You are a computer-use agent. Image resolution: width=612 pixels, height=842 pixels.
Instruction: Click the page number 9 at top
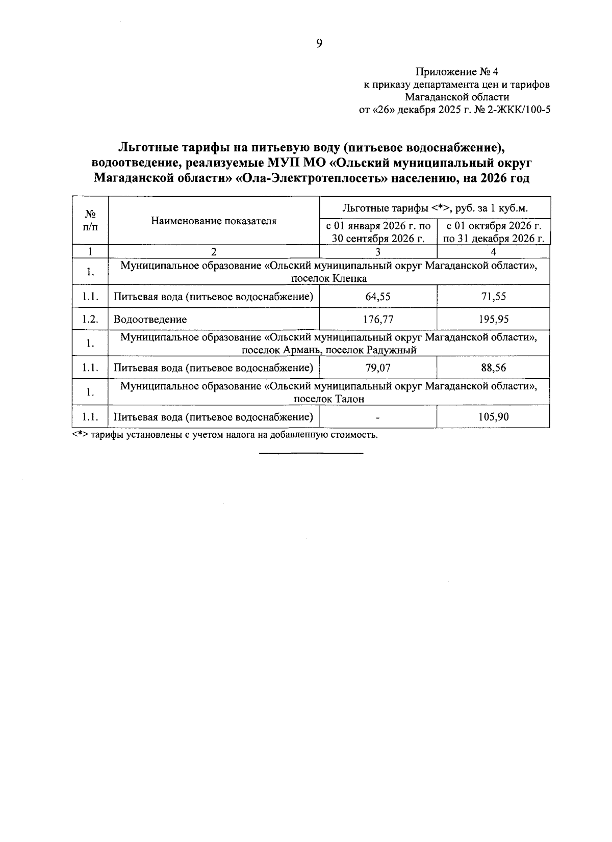tap(319, 44)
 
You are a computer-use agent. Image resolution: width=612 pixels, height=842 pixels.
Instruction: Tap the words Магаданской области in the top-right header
tap(456, 97)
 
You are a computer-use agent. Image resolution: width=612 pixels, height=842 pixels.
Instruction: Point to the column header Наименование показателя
tap(213, 221)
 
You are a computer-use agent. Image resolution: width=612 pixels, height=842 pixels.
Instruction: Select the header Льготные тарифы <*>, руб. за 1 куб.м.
tap(435, 208)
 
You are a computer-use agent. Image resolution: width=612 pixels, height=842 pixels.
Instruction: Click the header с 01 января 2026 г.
tap(378, 226)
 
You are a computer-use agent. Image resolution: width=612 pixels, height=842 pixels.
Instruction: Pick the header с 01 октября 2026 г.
tap(493, 226)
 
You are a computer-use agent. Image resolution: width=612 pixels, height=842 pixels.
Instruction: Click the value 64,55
tap(378, 297)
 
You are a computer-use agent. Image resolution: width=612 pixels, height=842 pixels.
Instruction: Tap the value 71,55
tap(493, 297)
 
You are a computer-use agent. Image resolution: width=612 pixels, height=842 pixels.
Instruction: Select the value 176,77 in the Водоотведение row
tap(378, 320)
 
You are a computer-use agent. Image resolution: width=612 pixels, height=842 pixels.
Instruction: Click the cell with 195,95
tap(493, 320)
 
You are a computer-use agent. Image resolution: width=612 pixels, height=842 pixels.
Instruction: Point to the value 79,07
tap(378, 367)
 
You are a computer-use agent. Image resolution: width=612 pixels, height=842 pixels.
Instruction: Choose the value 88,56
tap(493, 367)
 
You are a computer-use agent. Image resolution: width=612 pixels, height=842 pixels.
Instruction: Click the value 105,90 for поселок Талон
tap(493, 417)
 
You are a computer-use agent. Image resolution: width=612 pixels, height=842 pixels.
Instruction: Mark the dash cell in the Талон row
tap(378, 417)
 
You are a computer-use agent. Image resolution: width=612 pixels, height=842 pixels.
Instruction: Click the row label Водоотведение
tap(150, 320)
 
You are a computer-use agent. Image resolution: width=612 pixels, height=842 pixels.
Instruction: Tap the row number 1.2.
tap(90, 320)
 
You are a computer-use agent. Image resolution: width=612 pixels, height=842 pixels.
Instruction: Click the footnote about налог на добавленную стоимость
tap(224, 435)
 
